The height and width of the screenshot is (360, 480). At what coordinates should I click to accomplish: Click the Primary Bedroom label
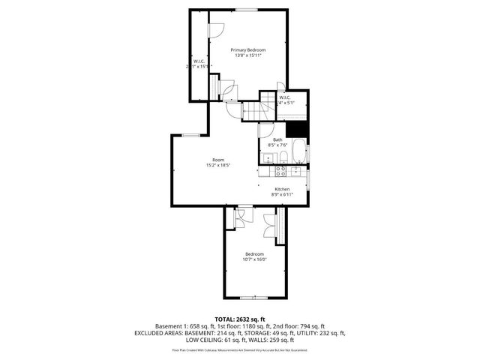click(248, 49)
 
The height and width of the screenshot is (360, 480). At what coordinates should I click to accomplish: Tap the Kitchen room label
click(282, 189)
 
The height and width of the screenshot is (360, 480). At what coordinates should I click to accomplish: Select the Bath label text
click(277, 139)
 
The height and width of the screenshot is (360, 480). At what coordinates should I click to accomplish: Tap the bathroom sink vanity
click(268, 157)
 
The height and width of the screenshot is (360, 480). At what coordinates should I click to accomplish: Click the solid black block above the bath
click(299, 128)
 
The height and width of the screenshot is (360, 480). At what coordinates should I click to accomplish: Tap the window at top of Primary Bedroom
click(246, 9)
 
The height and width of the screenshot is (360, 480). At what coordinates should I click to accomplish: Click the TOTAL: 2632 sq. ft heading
click(240, 319)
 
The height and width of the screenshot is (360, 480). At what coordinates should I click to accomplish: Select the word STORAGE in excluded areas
click(274, 332)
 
